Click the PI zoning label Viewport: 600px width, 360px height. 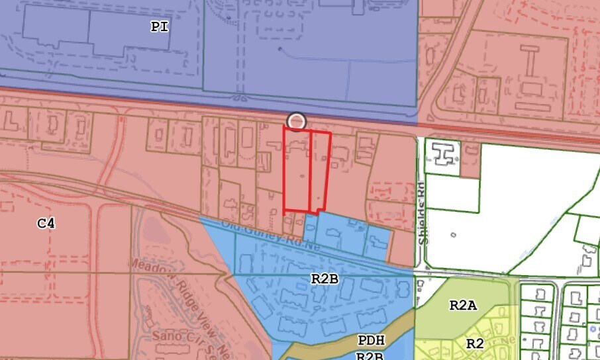159,27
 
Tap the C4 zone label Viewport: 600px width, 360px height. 46,224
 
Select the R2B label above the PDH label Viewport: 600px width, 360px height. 325,279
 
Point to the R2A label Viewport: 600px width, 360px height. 463,305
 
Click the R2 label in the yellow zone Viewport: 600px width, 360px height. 474,343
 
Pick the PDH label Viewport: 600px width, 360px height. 371,341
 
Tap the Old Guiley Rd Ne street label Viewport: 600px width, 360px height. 271,236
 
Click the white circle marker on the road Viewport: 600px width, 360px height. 297,121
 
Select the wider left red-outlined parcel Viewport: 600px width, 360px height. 297,169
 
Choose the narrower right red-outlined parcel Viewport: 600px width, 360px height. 321,171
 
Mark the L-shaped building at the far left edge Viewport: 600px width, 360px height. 9,121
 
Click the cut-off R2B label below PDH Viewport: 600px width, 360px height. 370,355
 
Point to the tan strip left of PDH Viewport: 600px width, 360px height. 318,347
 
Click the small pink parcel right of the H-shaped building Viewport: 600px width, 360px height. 470,164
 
